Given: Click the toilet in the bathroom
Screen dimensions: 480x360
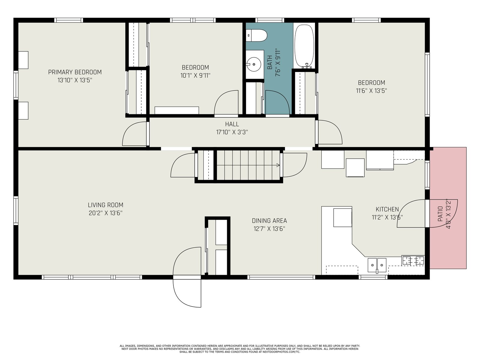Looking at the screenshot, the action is click(x=256, y=35).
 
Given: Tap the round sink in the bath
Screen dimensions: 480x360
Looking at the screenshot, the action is click(x=254, y=64).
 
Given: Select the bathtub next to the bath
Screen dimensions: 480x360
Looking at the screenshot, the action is click(x=304, y=46).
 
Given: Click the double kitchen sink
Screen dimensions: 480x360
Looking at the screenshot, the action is click(x=377, y=265).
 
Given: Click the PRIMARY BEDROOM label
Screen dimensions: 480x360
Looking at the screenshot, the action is click(x=75, y=72).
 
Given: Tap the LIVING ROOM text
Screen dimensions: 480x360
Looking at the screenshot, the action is click(x=106, y=205).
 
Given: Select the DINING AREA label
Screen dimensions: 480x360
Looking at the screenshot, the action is click(x=269, y=221).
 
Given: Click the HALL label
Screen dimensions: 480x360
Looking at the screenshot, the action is click(x=232, y=124).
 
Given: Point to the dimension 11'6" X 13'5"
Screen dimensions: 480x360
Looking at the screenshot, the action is click(x=371, y=91).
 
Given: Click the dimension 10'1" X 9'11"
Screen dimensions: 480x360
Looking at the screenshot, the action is click(x=195, y=75).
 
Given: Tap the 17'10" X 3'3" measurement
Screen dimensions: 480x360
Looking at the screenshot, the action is click(x=232, y=132).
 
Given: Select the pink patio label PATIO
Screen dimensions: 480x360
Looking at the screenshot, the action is click(x=440, y=214).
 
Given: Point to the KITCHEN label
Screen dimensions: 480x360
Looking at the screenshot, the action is click(x=387, y=209).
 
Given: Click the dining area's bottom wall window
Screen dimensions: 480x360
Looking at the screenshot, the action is click(x=281, y=277).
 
